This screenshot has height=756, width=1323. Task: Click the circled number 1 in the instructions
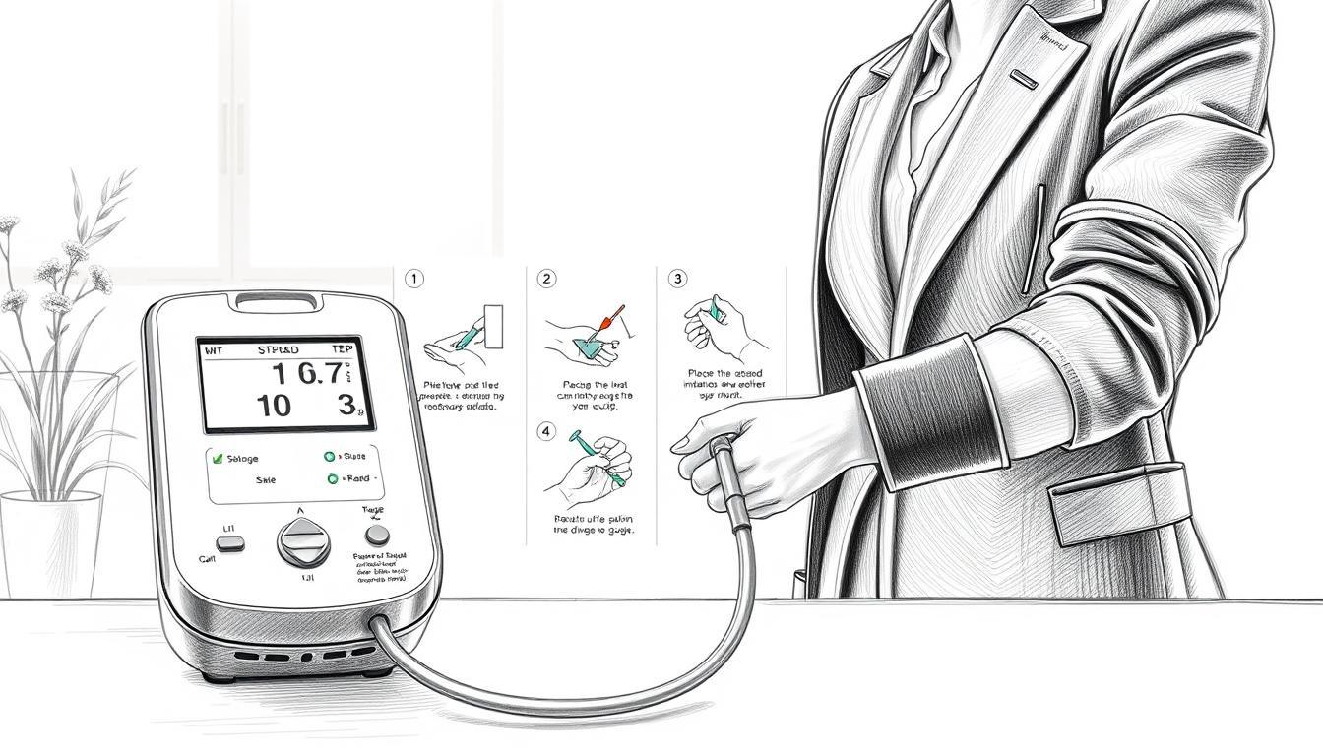point(414,280)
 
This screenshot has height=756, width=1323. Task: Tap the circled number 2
point(546,280)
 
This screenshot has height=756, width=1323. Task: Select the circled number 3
point(677,280)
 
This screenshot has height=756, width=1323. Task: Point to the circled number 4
point(546,431)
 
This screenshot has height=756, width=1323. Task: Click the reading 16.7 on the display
point(309,374)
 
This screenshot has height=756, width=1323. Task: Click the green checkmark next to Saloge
point(218,458)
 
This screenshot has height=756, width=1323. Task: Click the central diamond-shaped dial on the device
point(298,540)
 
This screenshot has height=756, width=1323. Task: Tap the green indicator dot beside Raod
point(331,479)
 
